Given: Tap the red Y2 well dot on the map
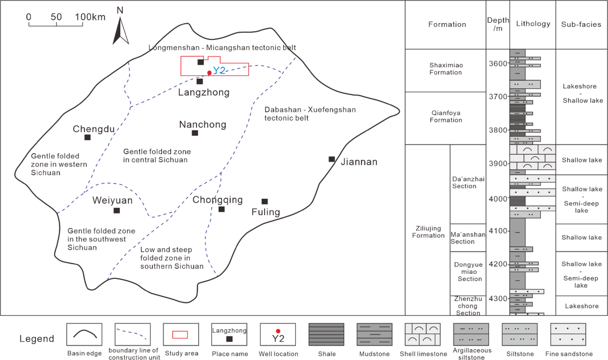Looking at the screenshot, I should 209,73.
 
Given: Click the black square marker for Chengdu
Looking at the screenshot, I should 88,137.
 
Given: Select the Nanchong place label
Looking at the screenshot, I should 203,125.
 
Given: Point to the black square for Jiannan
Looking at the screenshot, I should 332,159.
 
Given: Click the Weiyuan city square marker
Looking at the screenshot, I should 117,211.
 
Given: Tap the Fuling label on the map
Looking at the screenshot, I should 266,212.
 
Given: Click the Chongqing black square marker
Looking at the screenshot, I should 222,209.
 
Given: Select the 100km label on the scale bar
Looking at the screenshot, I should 90,17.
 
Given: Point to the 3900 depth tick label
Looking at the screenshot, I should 498,163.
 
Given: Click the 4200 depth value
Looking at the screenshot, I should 498,264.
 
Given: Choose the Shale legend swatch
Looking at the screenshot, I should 326,335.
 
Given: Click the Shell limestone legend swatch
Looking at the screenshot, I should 423,335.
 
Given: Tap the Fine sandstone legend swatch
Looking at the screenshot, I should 568,335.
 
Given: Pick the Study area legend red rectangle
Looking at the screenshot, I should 180,335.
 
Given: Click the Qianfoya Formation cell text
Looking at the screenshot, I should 446,116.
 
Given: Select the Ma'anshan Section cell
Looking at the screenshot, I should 468,238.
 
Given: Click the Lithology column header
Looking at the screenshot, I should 533,24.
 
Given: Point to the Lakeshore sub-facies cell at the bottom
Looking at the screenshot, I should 582,306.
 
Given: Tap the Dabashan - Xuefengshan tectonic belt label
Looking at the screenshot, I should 310,114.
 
